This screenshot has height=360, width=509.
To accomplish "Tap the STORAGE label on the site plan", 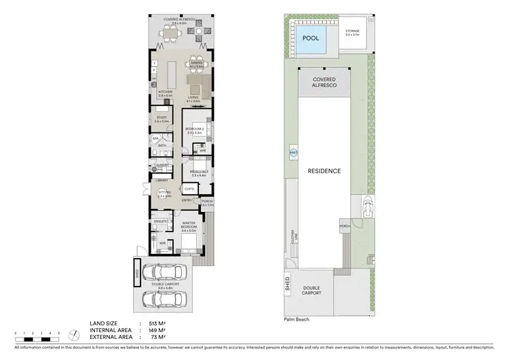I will [x=352, y=31].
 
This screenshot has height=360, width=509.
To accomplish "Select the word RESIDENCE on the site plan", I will [x=323, y=170].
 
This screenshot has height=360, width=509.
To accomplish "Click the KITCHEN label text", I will [x=166, y=92].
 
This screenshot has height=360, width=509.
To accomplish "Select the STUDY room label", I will [x=162, y=118].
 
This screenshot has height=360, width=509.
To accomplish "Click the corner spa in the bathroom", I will [x=156, y=139].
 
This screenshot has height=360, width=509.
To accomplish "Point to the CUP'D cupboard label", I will [x=190, y=188].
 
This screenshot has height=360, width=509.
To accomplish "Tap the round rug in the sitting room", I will [x=162, y=196].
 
